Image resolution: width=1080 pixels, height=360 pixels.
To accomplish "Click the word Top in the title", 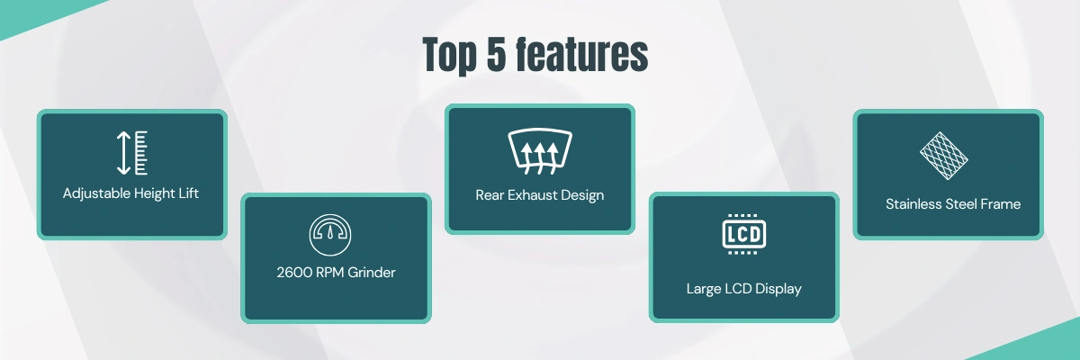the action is pos(449,56).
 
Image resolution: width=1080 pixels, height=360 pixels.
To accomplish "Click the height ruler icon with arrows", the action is pos(132,153).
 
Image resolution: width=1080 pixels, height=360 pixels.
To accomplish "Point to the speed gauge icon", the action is pos(330,235).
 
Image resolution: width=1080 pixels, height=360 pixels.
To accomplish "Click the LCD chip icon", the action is pos(744,234).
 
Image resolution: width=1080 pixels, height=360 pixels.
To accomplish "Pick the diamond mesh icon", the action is pos(943,156).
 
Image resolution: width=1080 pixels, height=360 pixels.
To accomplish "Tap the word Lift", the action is pos(188,193).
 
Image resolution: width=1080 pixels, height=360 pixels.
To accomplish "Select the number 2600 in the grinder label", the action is pos(294,273).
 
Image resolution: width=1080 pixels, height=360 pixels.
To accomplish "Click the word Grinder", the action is pos(371,273).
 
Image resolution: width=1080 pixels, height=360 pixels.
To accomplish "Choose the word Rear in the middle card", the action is pos(490,195).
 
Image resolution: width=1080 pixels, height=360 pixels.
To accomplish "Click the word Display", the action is pos(778,289).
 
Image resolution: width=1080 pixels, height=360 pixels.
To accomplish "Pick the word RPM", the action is pos(329,273).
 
